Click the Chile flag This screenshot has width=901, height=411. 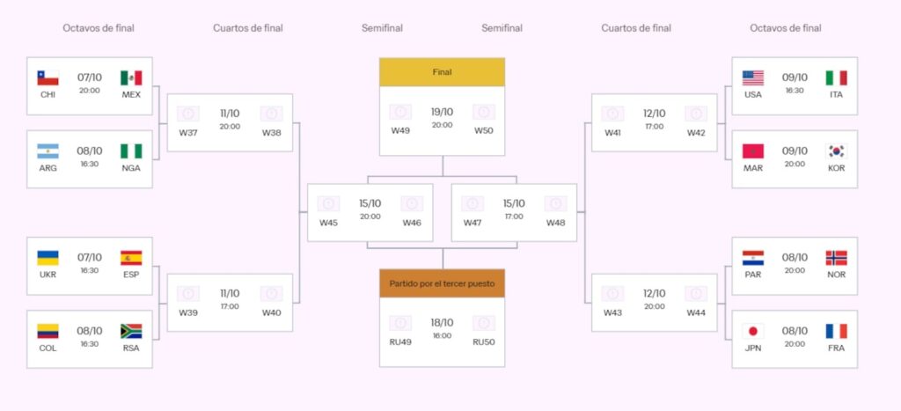(x=48, y=78)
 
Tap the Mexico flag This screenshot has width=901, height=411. (x=131, y=78)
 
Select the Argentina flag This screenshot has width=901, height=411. (x=48, y=151)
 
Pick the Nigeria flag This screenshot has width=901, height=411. (x=131, y=151)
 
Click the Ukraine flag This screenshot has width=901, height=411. (x=48, y=258)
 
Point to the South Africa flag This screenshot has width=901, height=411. (x=131, y=332)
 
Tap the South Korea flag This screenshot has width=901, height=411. (x=836, y=151)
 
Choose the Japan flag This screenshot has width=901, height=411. (x=752, y=332)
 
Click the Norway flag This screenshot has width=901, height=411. (x=836, y=258)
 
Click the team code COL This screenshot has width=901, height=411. (x=48, y=348)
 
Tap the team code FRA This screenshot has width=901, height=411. (x=836, y=348)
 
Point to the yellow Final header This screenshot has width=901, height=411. (x=442, y=72)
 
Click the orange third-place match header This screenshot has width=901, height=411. (x=442, y=283)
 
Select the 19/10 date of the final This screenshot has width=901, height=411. (x=442, y=112)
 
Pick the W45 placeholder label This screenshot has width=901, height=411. (x=328, y=223)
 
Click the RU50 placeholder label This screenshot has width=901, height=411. (x=483, y=341)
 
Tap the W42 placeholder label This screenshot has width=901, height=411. (x=696, y=133)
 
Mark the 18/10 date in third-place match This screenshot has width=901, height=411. (x=442, y=323)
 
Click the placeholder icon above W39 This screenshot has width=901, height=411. (x=188, y=294)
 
